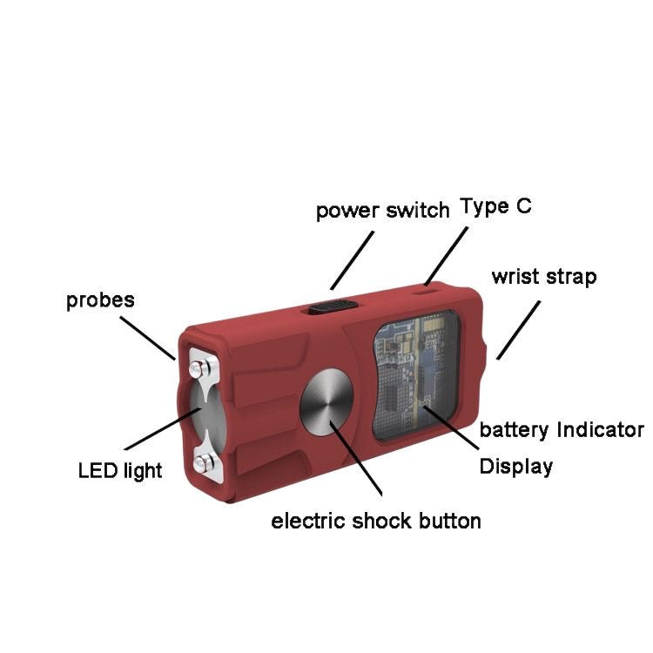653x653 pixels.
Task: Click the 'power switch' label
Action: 382,211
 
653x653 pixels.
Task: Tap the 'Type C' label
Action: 495,206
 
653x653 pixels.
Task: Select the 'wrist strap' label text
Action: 544,278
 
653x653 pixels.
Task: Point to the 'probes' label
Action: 101,300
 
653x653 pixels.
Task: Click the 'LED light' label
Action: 120,471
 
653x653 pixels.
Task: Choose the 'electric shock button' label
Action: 376,522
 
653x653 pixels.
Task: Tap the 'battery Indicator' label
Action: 562,430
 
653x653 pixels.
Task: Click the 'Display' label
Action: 516,467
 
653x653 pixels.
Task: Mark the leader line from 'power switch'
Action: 352,259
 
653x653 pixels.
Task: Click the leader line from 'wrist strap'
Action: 519,330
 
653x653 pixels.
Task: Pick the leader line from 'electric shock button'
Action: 359,461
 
